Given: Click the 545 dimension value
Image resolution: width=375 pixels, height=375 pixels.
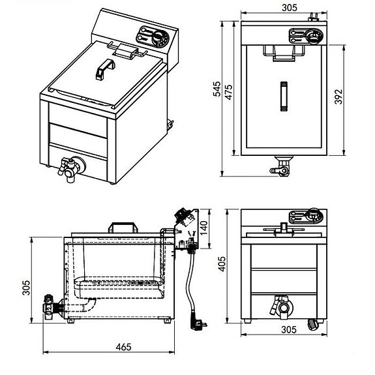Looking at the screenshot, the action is click(217, 89).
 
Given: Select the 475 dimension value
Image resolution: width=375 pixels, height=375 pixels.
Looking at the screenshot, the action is click(229, 92).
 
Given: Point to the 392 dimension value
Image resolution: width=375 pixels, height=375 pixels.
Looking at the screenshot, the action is click(338, 97).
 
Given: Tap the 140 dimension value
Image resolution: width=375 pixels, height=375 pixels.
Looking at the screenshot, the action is click(203, 228).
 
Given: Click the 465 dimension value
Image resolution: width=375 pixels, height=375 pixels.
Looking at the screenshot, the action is click(124, 347).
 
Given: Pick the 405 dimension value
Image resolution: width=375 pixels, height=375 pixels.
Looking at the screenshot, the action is click(222, 264).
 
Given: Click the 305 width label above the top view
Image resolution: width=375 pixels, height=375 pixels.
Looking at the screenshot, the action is click(290, 8).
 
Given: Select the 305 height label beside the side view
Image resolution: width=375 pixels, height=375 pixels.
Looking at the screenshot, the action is click(26, 288).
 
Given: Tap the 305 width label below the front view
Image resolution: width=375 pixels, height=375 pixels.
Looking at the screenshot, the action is click(289, 330).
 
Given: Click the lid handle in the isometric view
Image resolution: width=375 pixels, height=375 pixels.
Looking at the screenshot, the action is click(105, 69).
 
